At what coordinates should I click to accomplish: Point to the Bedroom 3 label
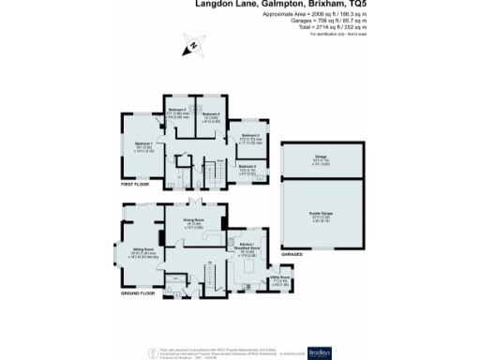249,138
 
